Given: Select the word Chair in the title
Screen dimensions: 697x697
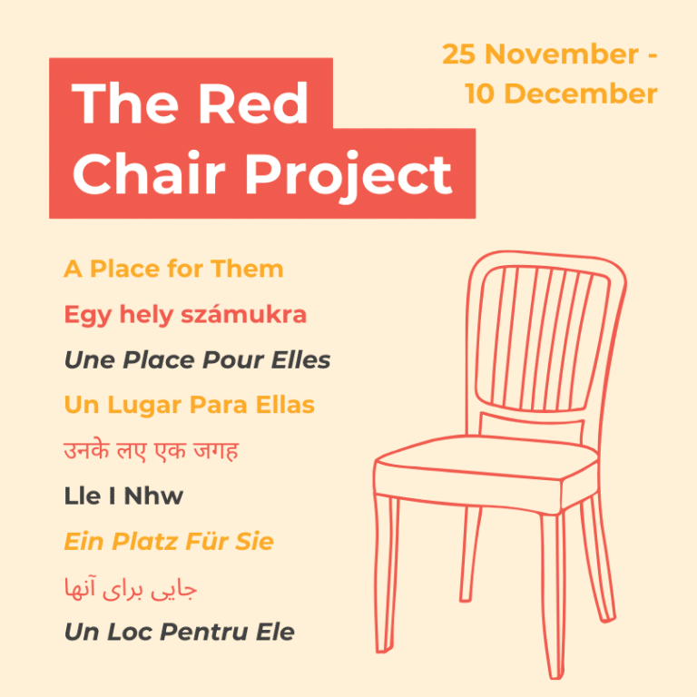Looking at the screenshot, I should click(x=144, y=172).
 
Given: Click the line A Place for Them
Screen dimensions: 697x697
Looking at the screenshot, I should click(x=173, y=270).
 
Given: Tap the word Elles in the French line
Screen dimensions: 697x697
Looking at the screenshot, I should click(x=300, y=360).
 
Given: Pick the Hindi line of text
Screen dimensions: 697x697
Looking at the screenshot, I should click(x=151, y=451).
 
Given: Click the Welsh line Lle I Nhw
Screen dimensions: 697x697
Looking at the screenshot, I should click(x=123, y=496).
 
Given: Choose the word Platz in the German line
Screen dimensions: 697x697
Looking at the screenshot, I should click(x=146, y=542).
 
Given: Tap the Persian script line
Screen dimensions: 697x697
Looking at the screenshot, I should click(x=131, y=588).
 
